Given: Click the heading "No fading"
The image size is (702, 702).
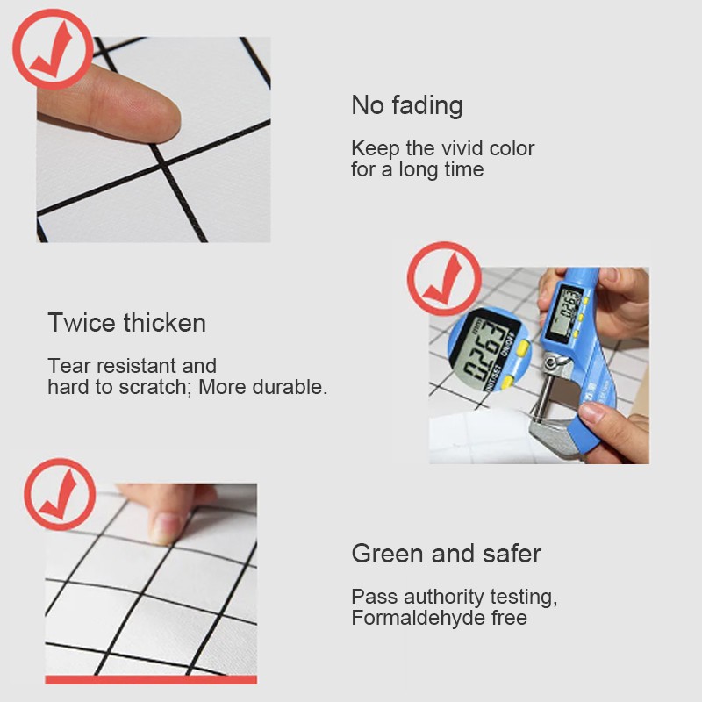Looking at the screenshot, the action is [x=407, y=106].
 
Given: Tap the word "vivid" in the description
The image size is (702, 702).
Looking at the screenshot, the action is [x=462, y=148].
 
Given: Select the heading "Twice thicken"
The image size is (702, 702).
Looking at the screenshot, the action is [x=126, y=322].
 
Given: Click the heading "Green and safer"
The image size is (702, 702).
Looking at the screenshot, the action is [x=447, y=554].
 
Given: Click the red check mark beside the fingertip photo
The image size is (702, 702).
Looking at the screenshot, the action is [x=53, y=49].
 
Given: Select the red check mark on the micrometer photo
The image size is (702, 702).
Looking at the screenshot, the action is [x=444, y=279].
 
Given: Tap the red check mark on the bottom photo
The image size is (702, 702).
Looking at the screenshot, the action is [x=60, y=494].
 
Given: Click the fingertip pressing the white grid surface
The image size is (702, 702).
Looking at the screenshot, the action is [x=147, y=118].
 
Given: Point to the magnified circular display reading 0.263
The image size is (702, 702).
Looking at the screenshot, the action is [x=489, y=348].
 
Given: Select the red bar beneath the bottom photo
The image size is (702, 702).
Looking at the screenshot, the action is [x=151, y=679].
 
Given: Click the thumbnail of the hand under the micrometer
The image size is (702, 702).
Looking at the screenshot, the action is [x=591, y=412].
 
